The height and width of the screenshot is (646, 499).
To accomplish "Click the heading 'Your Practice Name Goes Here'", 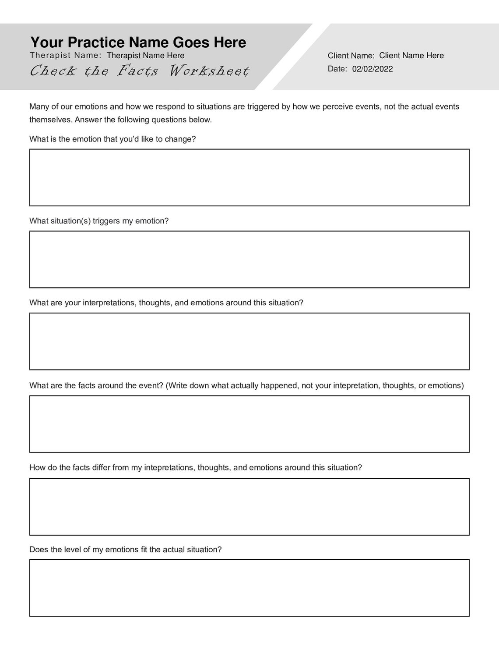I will click(138, 42).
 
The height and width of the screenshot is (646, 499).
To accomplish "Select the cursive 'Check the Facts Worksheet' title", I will click(139, 71).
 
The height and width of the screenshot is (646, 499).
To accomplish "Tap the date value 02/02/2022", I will click(372, 69).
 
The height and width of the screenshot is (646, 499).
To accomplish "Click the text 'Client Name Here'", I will click(411, 56).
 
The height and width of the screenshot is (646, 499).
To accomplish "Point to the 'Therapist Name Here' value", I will click(145, 56).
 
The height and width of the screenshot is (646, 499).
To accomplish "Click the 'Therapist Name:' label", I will click(66, 56).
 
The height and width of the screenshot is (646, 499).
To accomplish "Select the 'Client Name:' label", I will click(351, 56).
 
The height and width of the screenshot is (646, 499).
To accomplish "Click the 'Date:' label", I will click(337, 69).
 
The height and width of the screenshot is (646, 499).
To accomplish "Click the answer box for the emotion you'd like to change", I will click(249, 177).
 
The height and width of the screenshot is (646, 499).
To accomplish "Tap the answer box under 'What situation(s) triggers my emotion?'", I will click(249, 259).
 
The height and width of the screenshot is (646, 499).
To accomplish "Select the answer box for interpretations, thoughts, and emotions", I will click(249, 341).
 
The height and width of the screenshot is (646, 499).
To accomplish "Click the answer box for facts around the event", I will click(249, 424).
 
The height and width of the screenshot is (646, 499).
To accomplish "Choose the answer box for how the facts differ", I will click(249, 507).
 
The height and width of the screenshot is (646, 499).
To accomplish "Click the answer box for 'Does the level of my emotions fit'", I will click(249, 588).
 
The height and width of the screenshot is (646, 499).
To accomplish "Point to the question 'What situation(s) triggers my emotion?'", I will click(99, 221).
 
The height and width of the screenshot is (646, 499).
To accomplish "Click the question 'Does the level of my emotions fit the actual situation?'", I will click(126, 550).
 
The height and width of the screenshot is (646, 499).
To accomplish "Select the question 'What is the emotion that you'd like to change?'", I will click(112, 139).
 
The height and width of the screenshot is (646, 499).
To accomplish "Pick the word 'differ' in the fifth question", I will click(101, 468).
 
